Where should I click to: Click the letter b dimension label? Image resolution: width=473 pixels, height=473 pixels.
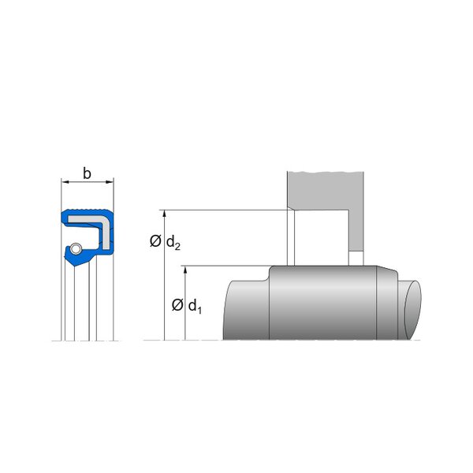tap(87, 173)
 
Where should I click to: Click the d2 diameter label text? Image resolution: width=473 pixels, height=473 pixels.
tap(173, 242)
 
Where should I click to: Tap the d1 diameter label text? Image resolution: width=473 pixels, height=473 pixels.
tap(195, 307)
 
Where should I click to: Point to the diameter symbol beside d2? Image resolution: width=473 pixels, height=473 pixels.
tap(155, 241)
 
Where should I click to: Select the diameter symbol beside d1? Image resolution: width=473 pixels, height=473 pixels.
tap(177, 305)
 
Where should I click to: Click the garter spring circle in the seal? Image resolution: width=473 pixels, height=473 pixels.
tap(76, 249)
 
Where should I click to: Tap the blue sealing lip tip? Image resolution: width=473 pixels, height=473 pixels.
tap(74, 264)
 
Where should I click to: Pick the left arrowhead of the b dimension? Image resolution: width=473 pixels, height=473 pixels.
tap(65, 182)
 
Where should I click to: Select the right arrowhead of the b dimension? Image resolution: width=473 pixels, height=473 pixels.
tap(110, 182)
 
